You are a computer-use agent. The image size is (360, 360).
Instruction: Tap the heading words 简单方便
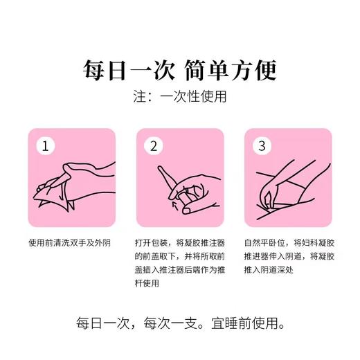pos(233,71)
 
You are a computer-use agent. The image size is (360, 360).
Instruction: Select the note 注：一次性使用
pos(179,97)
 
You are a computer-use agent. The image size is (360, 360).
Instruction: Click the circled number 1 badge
pos(45,146)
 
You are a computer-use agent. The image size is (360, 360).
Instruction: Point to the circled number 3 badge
pos(262,146)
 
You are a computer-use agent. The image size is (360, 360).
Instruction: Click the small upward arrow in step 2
pos(173,204)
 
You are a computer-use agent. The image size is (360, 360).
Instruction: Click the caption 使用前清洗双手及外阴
pos(69,243)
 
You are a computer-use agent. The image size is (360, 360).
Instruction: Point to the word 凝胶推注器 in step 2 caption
pos(197,243)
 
